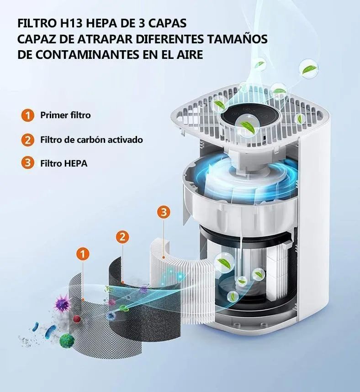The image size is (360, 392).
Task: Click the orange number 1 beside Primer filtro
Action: (28, 115)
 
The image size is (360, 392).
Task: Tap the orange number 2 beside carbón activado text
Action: (28, 140)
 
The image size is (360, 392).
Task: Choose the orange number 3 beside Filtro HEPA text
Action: (28, 163)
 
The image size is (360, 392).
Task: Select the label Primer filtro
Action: (65, 115)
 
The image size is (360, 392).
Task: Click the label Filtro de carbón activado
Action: (91, 140)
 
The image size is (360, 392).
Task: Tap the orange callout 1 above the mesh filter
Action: (82, 255)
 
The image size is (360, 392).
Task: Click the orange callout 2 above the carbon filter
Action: (122, 236)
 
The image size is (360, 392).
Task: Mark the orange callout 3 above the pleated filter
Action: (164, 212)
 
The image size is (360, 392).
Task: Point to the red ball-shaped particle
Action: (77, 319)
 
